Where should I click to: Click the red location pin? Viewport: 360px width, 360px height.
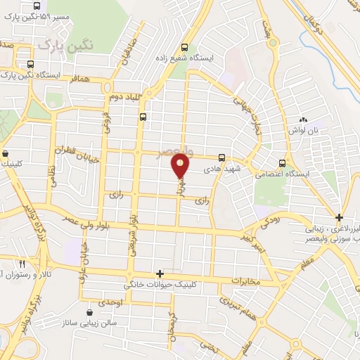[180, 165]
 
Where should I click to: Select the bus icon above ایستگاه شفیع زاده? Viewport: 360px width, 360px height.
[185, 40]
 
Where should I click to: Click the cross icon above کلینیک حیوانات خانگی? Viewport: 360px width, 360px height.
[160, 274]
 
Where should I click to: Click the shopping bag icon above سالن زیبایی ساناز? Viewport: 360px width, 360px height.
[89, 312]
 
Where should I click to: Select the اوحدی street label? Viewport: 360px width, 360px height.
[111, 302]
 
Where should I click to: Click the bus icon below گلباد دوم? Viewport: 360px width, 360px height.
[143, 117]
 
